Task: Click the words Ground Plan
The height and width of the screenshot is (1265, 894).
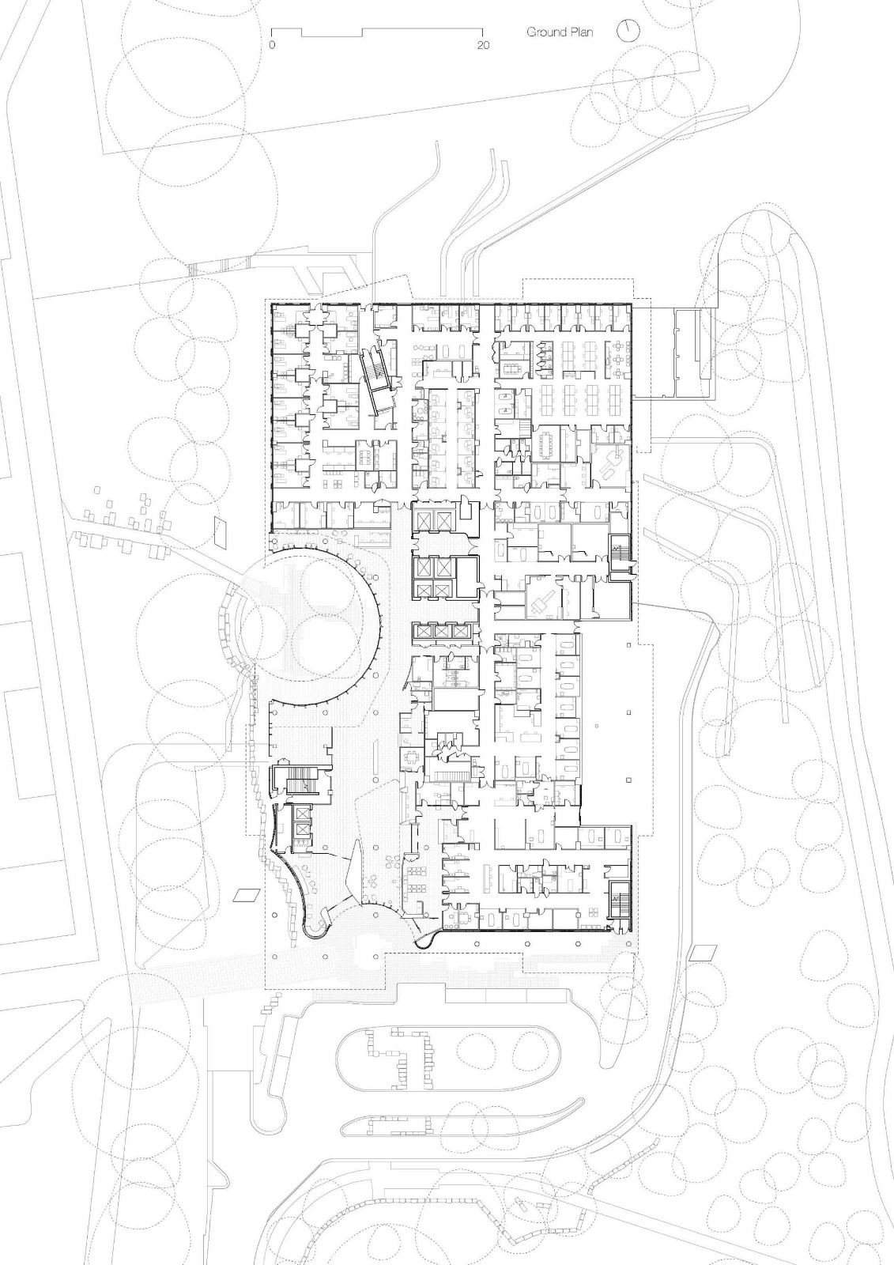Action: [x=560, y=32]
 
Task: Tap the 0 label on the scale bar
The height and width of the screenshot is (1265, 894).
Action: [x=271, y=46]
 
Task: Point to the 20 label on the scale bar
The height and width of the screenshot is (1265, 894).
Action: [x=483, y=46]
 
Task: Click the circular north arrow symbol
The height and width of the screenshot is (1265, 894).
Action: [x=629, y=31]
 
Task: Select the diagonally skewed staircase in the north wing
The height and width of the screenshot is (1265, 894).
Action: [x=377, y=379]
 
